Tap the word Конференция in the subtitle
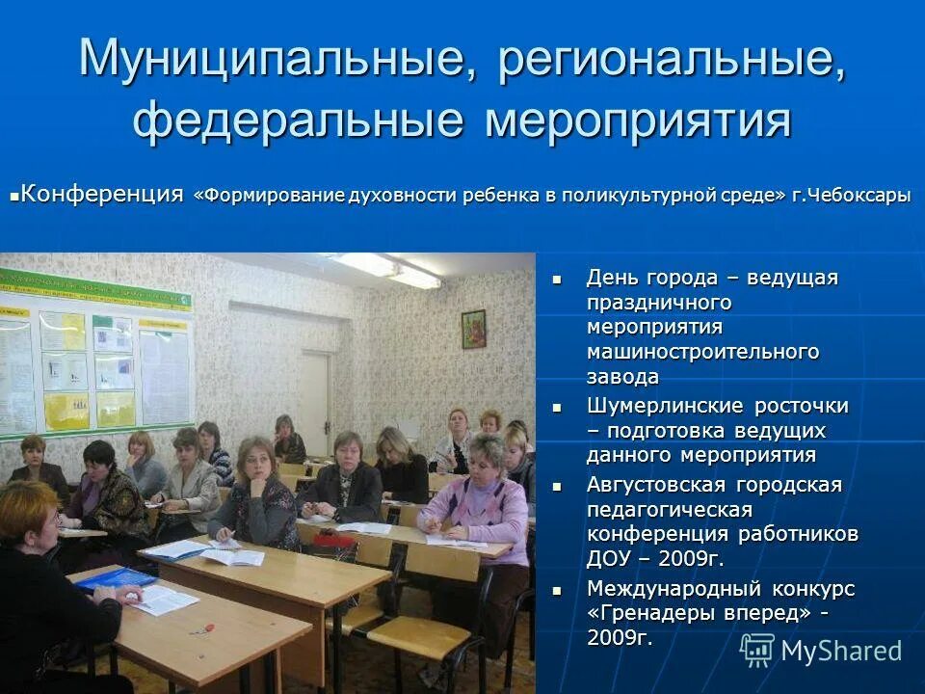102,194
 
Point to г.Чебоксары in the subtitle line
852,196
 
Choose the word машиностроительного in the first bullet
702,352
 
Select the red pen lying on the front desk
201,628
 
